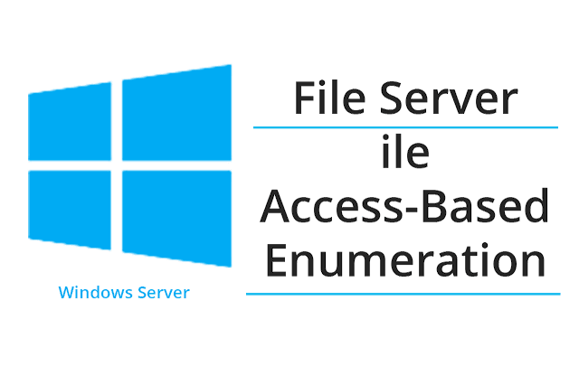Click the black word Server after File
click(449, 98)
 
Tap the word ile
click(405, 150)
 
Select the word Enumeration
click(405, 259)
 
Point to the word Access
click(331, 206)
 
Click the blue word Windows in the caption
click(96, 292)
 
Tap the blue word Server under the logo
click(164, 293)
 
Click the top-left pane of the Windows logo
click(70, 122)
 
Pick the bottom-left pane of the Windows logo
click(70, 209)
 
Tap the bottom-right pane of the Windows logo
click(177, 218)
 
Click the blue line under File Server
click(405, 127)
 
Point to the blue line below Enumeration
click(403, 294)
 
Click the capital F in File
click(306, 98)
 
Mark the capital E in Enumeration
click(276, 259)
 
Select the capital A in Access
click(274, 207)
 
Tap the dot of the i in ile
click(385, 137)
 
